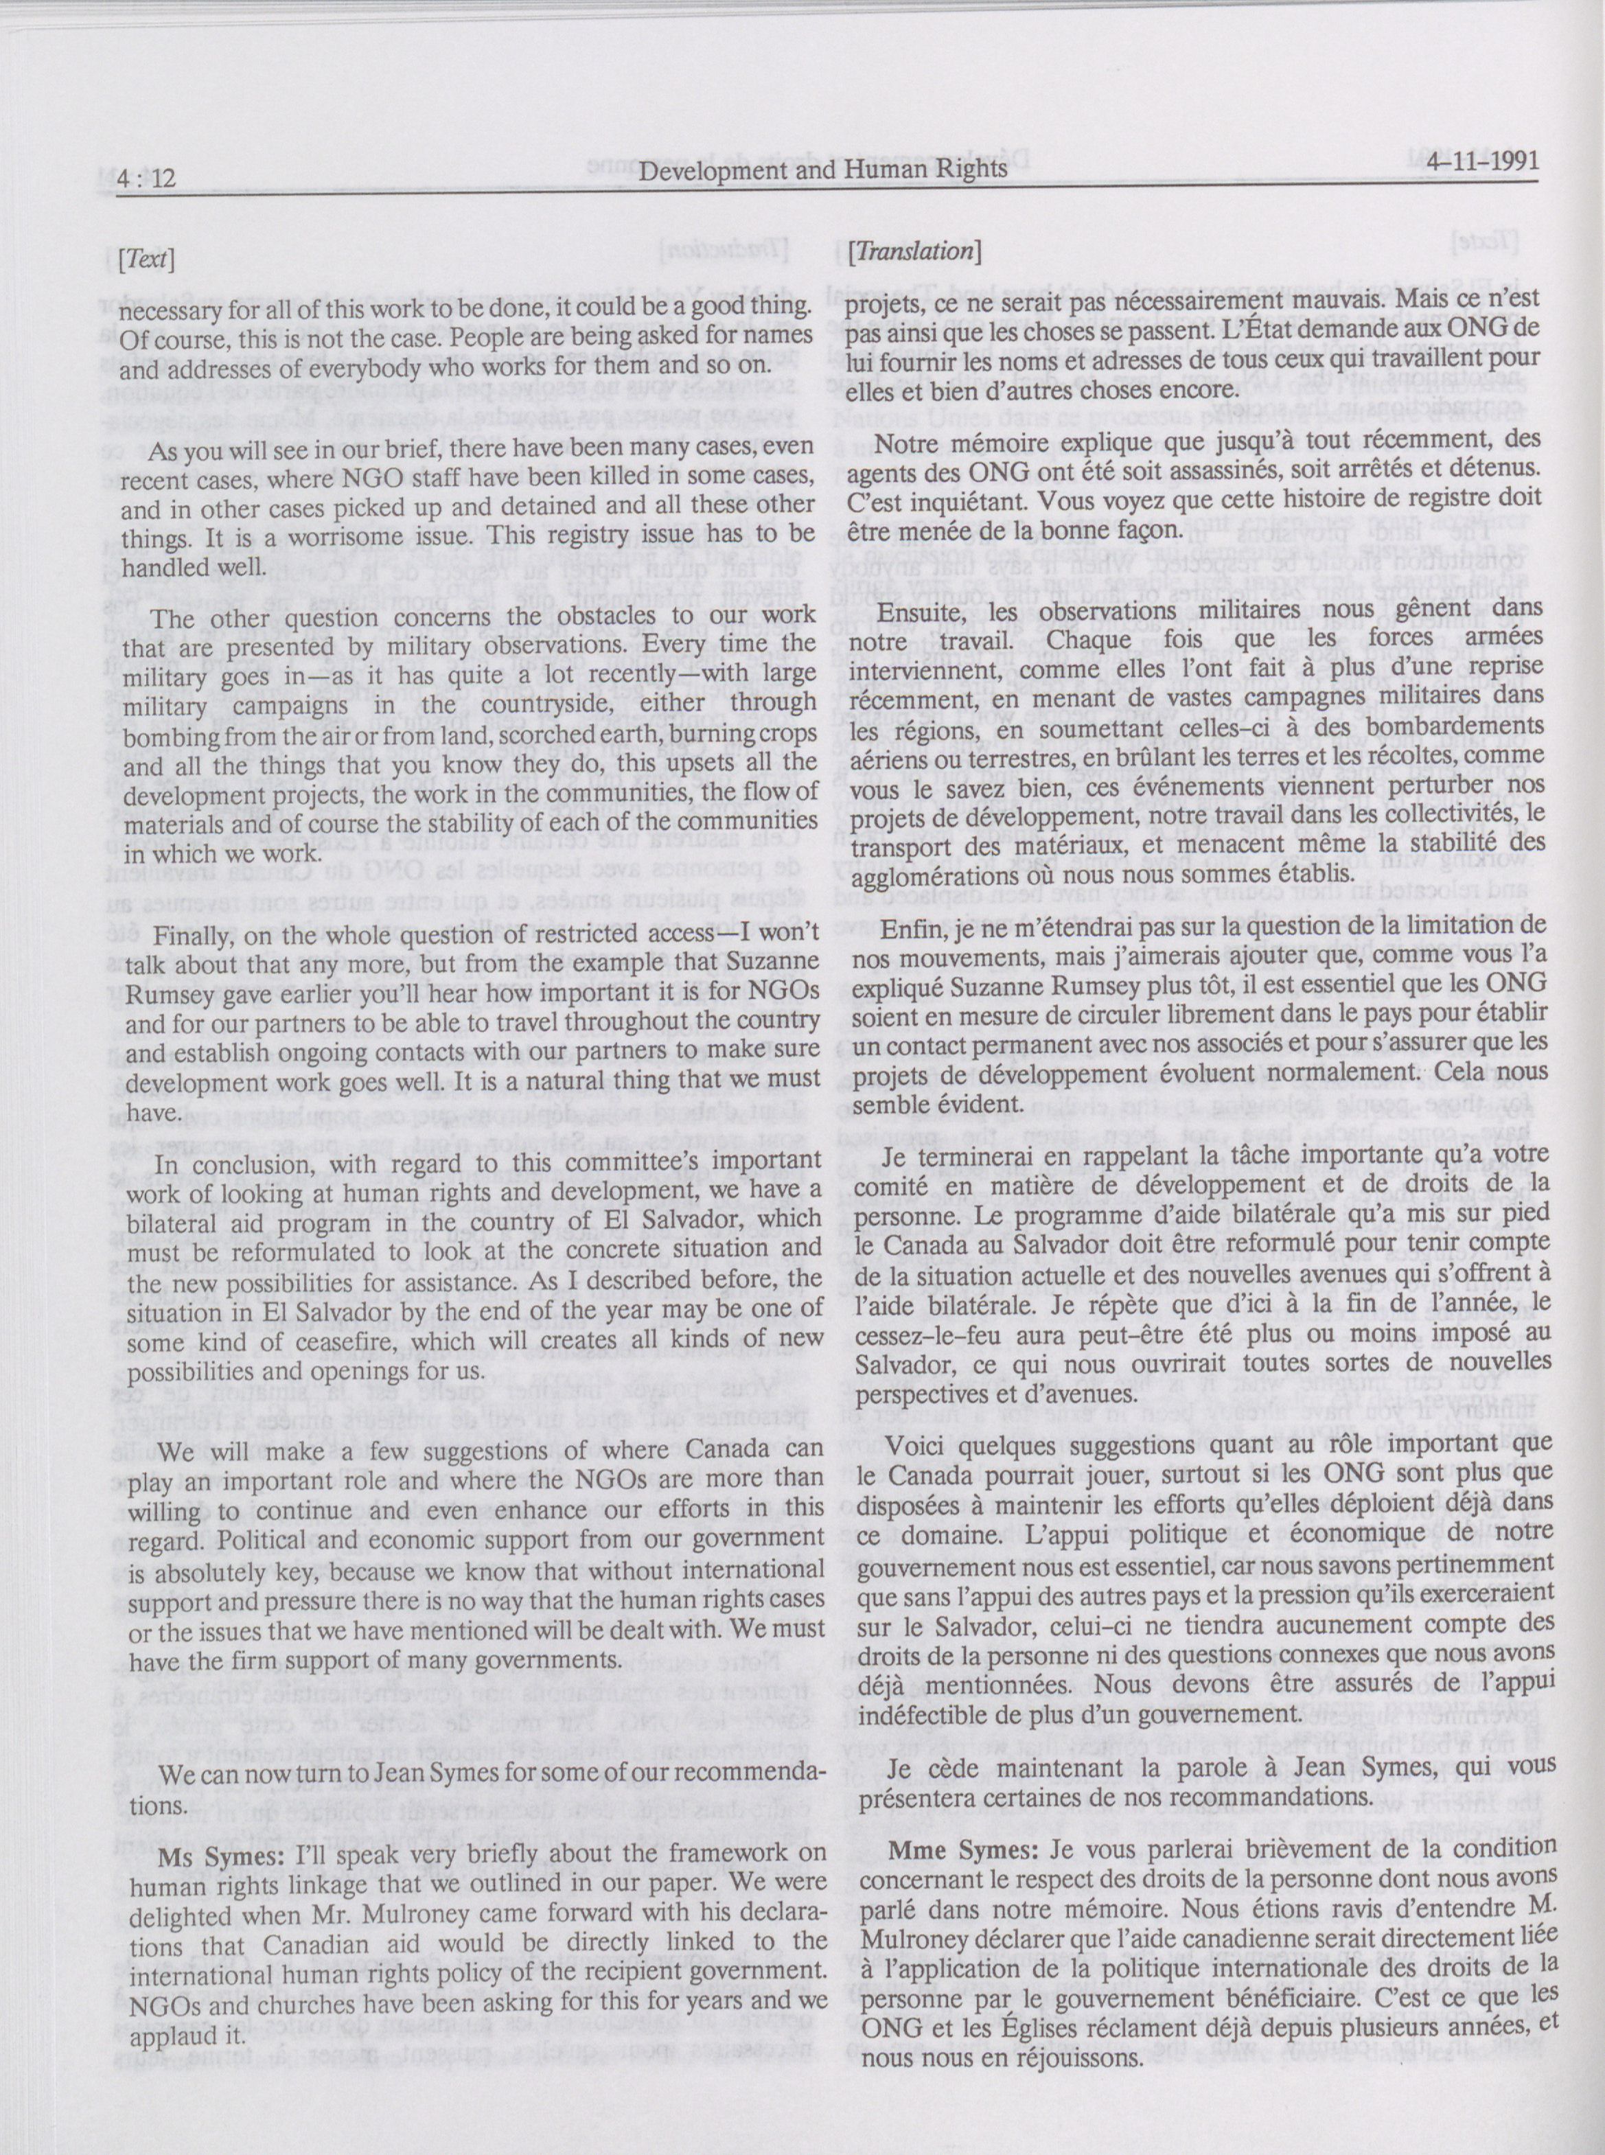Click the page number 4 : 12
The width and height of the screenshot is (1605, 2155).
coord(146,178)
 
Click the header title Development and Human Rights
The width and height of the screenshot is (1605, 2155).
coord(824,171)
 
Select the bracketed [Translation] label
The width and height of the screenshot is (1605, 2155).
coord(912,252)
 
